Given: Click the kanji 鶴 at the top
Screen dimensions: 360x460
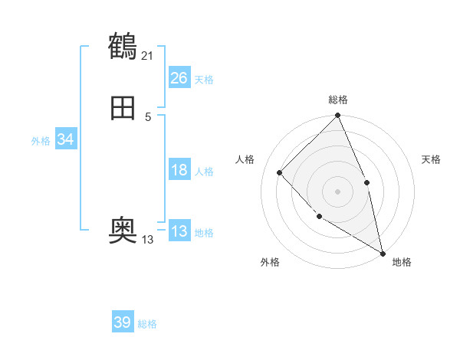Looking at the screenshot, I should pyautogui.click(x=123, y=47).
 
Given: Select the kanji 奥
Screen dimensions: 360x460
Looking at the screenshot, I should pyautogui.click(x=123, y=229).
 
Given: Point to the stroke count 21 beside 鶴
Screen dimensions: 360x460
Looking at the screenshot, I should pyautogui.click(x=148, y=55).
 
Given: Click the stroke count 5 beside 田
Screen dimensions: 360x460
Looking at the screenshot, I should pyautogui.click(x=148, y=116).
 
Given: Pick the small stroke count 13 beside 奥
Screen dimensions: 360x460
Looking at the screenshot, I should pyautogui.click(x=148, y=240).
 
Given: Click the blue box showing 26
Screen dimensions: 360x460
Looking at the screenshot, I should pyautogui.click(x=179, y=78).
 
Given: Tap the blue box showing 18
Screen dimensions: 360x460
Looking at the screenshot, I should pyautogui.click(x=179, y=170).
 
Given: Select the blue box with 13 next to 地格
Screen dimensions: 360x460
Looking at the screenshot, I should pyautogui.click(x=179, y=231).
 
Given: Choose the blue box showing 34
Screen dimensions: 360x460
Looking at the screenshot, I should pyautogui.click(x=66, y=139).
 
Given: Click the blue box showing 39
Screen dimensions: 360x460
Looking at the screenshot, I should pyautogui.click(x=123, y=322).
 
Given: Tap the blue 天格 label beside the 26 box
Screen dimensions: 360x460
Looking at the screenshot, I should pyautogui.click(x=204, y=79).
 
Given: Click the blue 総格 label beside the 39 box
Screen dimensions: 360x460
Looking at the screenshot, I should pyautogui.click(x=147, y=324).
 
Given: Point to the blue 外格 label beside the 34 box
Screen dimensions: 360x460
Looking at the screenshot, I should pyautogui.click(x=41, y=141).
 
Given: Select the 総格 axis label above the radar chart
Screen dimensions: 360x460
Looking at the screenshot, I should pyautogui.click(x=338, y=100).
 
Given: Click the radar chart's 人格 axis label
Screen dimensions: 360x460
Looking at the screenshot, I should pyautogui.click(x=245, y=159).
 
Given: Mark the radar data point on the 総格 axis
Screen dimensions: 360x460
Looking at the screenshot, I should pyautogui.click(x=337, y=116).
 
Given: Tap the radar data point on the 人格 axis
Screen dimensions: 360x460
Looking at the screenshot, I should pyautogui.click(x=280, y=172).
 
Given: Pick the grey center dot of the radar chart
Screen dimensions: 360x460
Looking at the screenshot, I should pyautogui.click(x=337, y=191).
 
